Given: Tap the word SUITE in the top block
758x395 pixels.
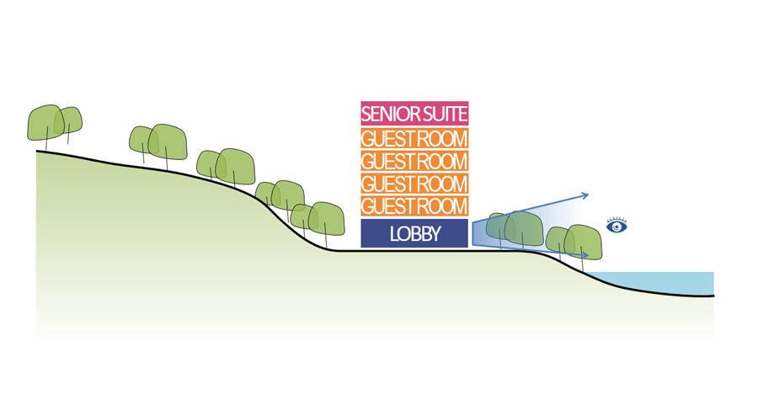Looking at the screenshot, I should click(x=446, y=113).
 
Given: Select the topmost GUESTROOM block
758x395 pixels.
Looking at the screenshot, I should click(x=414, y=138).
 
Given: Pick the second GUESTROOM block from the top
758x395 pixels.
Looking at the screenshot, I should click(x=414, y=161).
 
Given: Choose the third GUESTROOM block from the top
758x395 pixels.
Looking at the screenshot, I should click(x=414, y=184).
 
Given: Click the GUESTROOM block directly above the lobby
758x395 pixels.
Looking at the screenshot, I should click(x=414, y=206).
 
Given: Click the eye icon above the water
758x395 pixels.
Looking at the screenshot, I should click(x=617, y=226).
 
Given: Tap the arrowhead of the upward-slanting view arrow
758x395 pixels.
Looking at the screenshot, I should click(x=585, y=195).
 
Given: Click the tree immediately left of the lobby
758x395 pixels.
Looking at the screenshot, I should click(x=325, y=219).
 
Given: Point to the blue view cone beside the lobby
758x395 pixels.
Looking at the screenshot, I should click(x=488, y=230).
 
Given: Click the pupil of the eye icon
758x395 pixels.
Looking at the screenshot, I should click(x=617, y=227).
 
